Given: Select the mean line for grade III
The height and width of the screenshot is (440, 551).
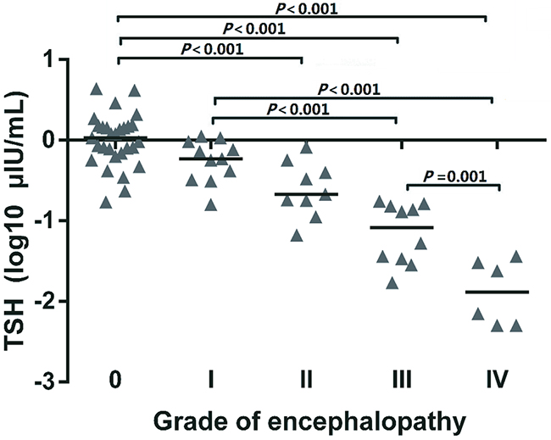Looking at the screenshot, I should [x=402, y=227].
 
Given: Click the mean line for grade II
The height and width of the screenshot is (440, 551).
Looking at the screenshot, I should [x=306, y=194].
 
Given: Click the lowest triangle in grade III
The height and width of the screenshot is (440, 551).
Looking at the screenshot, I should [x=392, y=282].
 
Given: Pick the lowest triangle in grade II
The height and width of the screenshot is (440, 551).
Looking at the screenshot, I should [x=297, y=233].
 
